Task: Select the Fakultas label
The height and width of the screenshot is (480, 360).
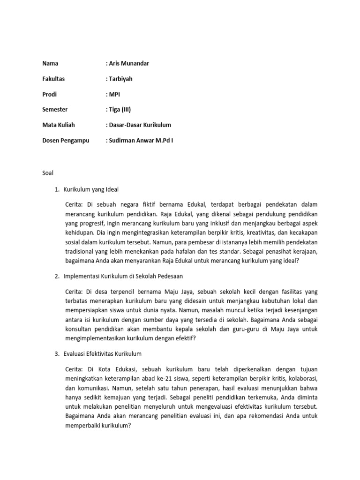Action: (x=53, y=79)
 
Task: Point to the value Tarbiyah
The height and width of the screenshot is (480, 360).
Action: (x=121, y=79)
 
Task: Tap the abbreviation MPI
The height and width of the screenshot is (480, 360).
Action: (x=115, y=94)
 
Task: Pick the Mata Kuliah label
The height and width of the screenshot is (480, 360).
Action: (x=59, y=125)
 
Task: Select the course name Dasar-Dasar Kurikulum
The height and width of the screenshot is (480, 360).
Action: (x=140, y=125)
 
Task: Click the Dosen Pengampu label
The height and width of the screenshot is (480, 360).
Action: (x=66, y=140)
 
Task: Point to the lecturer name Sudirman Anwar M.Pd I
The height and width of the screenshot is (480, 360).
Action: (x=142, y=140)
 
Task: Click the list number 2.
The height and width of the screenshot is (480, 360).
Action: (x=57, y=277)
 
